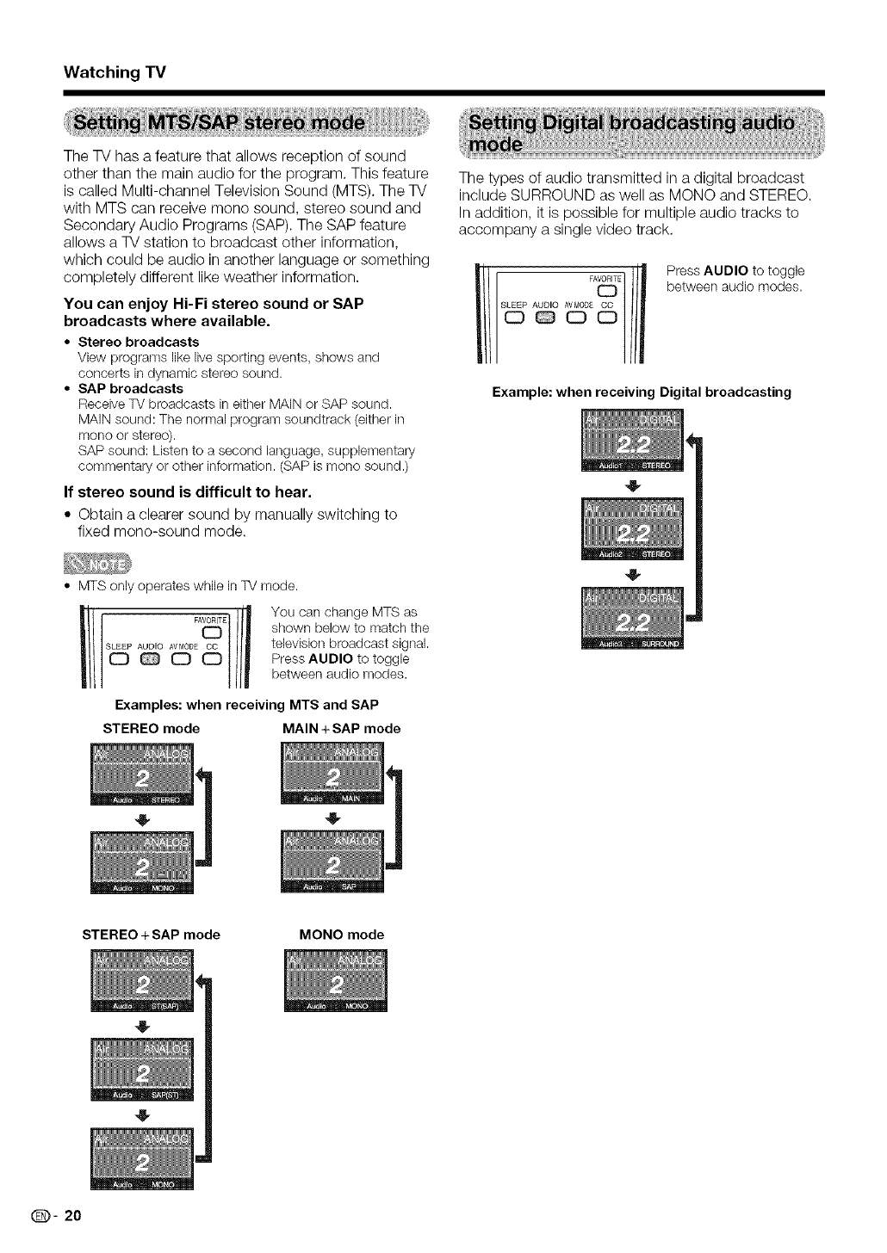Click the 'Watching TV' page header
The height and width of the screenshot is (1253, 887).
[108, 72]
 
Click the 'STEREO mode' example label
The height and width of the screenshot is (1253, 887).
[151, 728]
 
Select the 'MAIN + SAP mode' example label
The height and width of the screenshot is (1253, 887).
[341, 728]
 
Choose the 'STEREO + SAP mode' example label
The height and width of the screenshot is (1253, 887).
[151, 935]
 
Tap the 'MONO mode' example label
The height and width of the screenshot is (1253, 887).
[341, 935]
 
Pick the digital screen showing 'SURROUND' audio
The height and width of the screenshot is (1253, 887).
[632, 620]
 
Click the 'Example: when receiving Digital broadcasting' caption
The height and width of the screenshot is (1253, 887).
[641, 392]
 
